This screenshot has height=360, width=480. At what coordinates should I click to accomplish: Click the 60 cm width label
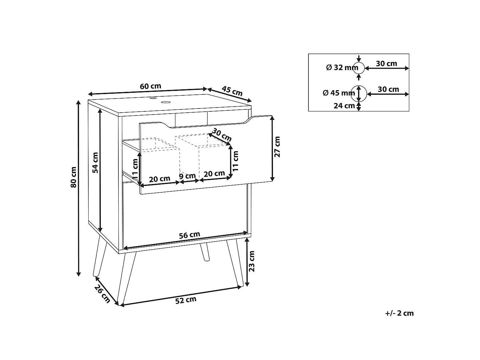(x=150, y=86)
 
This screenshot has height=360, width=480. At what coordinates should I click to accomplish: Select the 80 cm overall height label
(x=74, y=177)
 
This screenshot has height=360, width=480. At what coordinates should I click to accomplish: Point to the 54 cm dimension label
(x=95, y=163)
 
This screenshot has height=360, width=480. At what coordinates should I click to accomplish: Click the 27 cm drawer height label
(x=277, y=147)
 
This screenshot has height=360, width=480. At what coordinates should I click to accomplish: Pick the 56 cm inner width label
(x=189, y=235)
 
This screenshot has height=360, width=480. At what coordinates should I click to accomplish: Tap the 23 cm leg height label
(x=252, y=261)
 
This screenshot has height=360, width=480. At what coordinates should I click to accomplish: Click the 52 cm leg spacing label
(x=186, y=300)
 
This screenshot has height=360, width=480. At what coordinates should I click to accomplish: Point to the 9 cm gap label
(x=188, y=176)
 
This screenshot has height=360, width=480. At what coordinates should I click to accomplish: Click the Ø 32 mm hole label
(x=342, y=68)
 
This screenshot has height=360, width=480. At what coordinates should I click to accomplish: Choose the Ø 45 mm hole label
(x=339, y=93)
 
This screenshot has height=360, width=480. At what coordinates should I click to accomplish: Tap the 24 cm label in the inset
(x=344, y=106)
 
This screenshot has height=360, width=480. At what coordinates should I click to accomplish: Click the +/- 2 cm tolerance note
(x=399, y=313)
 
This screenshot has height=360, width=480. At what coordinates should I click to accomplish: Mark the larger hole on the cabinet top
(x=166, y=102)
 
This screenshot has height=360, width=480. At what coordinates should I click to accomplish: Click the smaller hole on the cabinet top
(x=152, y=98)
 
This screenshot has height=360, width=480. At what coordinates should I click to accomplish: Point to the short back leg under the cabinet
(x=205, y=252)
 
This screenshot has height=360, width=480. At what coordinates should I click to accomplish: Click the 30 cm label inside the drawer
(x=222, y=135)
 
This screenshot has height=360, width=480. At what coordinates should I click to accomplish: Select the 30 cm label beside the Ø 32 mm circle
(x=387, y=64)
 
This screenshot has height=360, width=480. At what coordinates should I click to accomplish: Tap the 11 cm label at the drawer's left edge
(x=135, y=169)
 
